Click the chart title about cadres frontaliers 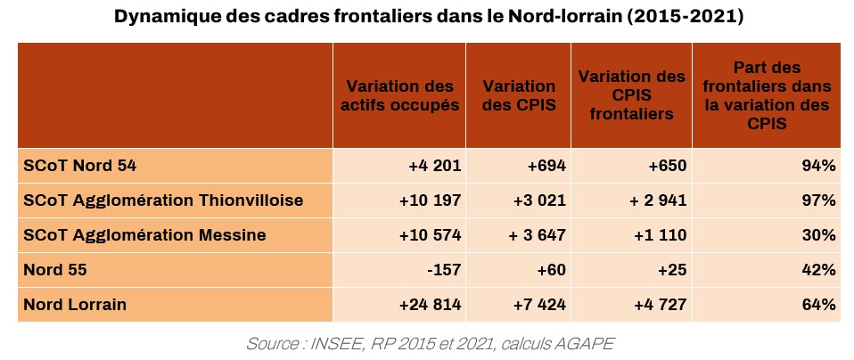pyautogui.click(x=427, y=16)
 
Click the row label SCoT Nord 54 pyautogui.click(x=79, y=165)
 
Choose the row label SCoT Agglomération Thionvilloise pyautogui.click(x=163, y=200)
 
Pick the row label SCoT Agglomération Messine pyautogui.click(x=145, y=235)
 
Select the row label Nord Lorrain pyautogui.click(x=75, y=305)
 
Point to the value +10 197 pyautogui.click(x=430, y=200)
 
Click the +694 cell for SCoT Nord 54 pyautogui.click(x=546, y=165)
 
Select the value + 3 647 pyautogui.click(x=538, y=235)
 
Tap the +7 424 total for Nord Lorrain pyautogui.click(x=540, y=305)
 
